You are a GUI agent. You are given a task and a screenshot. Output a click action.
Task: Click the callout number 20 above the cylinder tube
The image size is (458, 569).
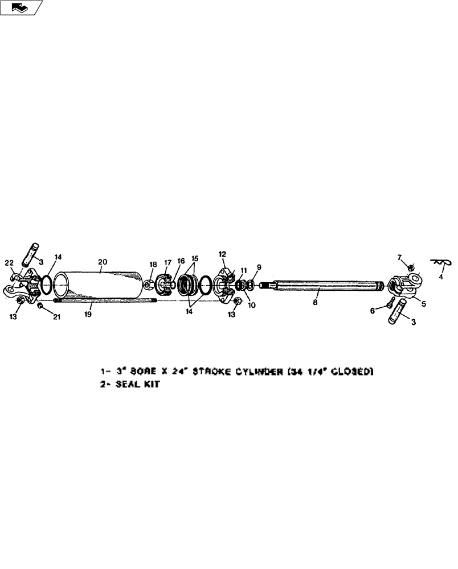103,262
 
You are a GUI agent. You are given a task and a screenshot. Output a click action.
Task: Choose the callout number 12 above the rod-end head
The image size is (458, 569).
222,254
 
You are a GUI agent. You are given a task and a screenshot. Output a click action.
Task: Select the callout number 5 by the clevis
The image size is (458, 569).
424,303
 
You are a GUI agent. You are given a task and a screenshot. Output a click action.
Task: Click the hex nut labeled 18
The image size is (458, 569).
147,284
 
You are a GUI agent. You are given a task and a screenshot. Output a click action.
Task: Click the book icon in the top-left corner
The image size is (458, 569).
21,7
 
